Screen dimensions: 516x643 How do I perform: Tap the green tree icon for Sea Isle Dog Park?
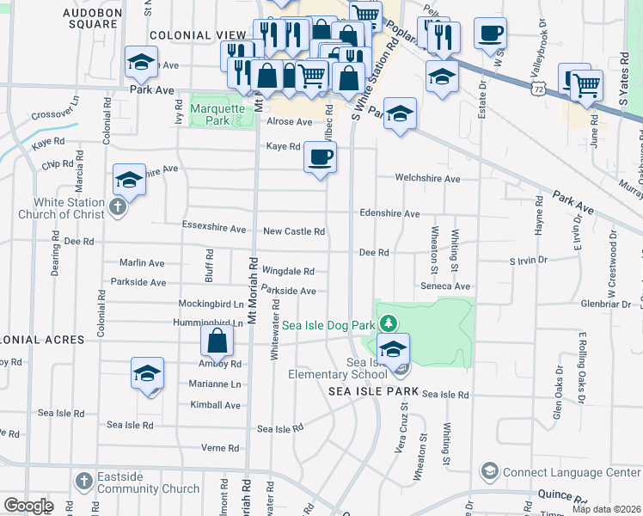[389, 322]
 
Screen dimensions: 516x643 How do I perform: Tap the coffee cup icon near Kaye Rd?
[320, 157]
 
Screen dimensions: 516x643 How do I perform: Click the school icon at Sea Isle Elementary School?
[394, 349]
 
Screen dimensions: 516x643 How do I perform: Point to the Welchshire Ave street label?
[427, 179]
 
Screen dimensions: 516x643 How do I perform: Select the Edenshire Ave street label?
[389, 213]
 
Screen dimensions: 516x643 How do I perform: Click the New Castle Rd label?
[294, 231]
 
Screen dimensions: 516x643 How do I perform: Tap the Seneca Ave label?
[445, 286]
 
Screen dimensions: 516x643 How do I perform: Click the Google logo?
[28, 506]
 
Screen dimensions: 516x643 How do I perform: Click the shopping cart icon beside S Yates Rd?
[586, 84]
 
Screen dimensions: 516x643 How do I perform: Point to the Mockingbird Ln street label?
[211, 304]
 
